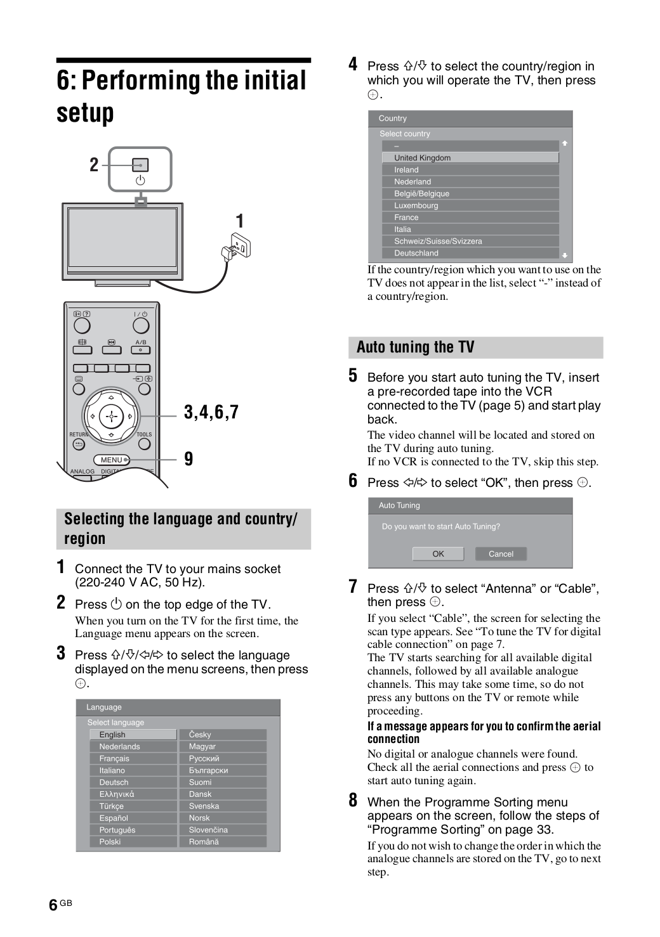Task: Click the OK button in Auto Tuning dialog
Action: tap(438, 554)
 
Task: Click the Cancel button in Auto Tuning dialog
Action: tap(501, 554)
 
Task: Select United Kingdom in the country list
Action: tap(470, 158)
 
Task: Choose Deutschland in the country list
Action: tap(470, 253)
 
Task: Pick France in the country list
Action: tap(470, 217)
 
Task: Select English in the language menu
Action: tap(133, 735)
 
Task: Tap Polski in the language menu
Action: tap(133, 842)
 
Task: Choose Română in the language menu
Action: tap(222, 842)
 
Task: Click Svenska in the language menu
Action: tap(222, 806)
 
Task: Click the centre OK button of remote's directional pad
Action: tap(111, 417)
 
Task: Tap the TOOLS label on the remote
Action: tap(144, 435)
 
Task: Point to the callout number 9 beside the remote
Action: tap(188, 459)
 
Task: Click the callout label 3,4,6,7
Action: tap(211, 412)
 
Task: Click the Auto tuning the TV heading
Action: tap(416, 347)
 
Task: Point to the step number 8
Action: tap(353, 801)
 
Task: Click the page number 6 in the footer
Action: tap(53, 905)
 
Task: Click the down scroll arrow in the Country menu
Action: tap(564, 255)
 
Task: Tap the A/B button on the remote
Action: tap(140, 349)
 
